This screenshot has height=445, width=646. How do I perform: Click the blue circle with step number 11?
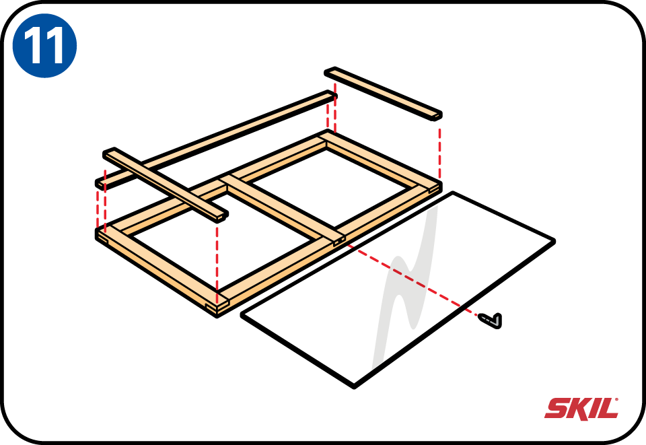tap(44, 45)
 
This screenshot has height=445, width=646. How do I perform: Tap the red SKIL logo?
tap(581, 409)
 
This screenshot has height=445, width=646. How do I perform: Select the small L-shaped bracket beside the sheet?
tap(491, 320)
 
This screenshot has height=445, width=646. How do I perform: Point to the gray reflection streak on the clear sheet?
tap(406, 288)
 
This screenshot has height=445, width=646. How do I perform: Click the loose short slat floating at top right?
tap(383, 94)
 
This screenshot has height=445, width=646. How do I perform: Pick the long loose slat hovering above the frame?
tap(216, 139)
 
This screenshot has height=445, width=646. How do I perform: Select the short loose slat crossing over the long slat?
tap(166, 184)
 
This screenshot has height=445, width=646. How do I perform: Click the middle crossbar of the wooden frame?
tap(282, 212)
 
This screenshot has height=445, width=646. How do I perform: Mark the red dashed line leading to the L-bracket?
tap(412, 280)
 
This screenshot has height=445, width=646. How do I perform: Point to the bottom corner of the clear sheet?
tap(355, 387)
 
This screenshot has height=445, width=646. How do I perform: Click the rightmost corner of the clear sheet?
tap(553, 240)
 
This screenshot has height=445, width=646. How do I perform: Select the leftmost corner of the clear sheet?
tap(242, 316)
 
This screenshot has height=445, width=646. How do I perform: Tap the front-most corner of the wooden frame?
tap(217, 316)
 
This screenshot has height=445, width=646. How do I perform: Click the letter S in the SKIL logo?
tap(557, 409)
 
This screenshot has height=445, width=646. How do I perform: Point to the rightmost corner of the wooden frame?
tap(440, 185)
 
